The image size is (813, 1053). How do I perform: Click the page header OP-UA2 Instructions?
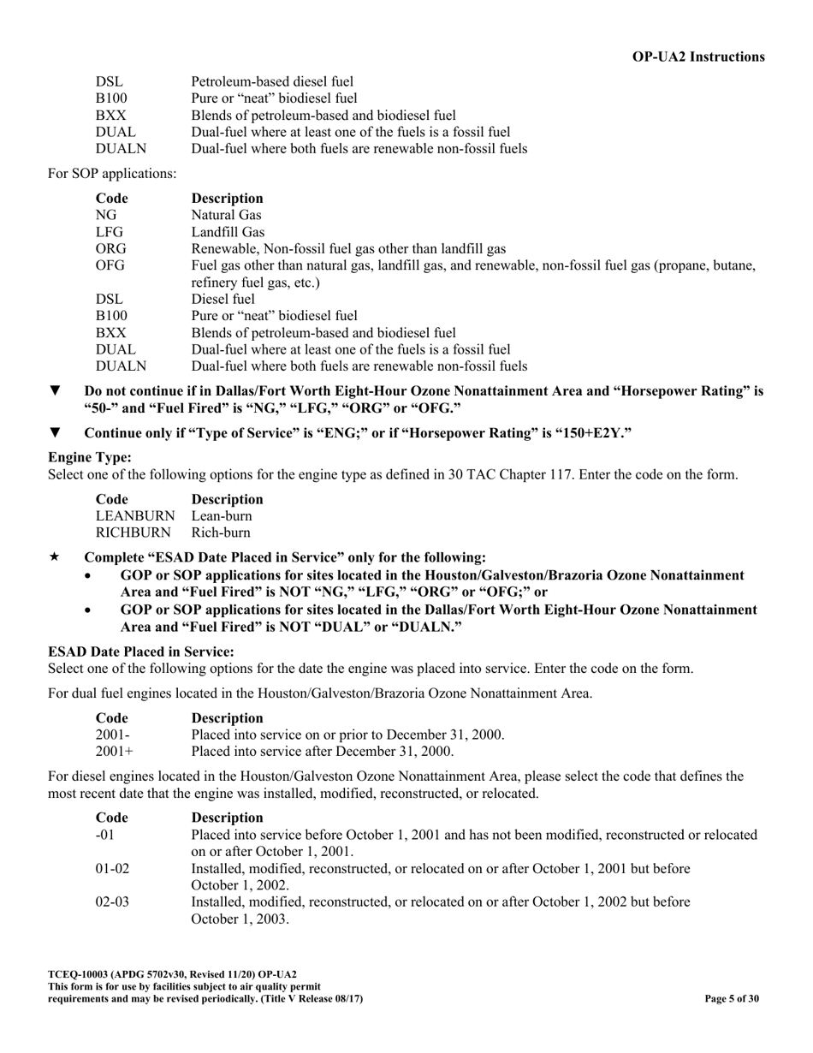coord(698,57)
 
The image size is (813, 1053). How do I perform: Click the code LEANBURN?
coord(134,516)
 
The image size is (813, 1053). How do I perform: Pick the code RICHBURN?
coord(134,532)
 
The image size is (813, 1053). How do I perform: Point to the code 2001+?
coord(114,752)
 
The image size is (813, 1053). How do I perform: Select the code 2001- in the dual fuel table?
coord(112,735)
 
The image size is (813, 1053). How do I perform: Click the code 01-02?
coord(112,868)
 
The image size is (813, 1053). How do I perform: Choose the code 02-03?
coord(112,901)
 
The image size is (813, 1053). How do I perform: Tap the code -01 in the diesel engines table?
coord(104,834)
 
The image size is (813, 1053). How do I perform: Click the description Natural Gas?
coord(226,215)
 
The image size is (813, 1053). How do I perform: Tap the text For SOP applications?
coord(112,174)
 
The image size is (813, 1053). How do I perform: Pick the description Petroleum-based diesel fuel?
coord(271,81)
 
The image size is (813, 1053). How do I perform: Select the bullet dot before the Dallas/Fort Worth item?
coord(91,610)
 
